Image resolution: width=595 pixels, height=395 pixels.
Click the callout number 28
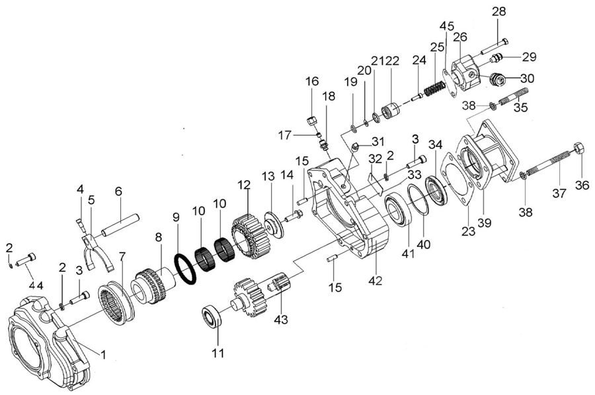point(498,11)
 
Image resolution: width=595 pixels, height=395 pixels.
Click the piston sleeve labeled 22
point(393,109)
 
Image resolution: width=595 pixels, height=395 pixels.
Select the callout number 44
point(35,285)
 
